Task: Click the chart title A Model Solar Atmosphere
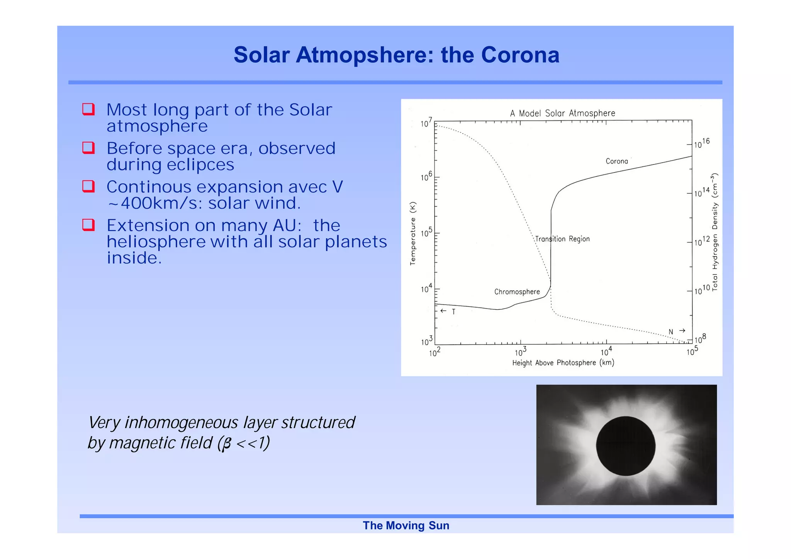coord(562,113)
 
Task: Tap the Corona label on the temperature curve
coord(616,161)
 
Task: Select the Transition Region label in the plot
coord(562,239)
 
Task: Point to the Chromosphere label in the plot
coord(517,292)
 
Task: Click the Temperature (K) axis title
coord(413,233)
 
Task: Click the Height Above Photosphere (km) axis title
coord(563,363)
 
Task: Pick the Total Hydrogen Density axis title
coord(715,232)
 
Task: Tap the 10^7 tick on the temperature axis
coord(426,124)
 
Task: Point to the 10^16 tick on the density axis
coord(701,143)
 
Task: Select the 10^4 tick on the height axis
coord(606,352)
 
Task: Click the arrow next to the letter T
coord(443,311)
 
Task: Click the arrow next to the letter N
coord(682,330)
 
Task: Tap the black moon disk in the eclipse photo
coord(625,446)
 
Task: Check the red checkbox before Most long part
coord(88,109)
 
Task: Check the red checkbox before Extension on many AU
coord(88,225)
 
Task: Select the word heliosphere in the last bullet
coord(156,242)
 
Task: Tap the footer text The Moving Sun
coord(406,525)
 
